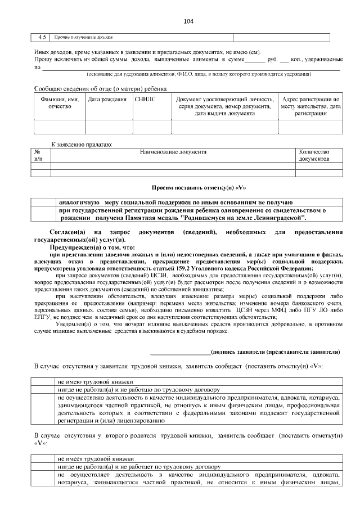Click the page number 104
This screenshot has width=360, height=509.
click(x=188, y=21)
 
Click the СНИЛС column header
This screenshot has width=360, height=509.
click(x=145, y=99)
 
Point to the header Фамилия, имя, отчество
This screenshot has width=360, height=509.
click(x=60, y=102)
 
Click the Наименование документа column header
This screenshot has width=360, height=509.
click(x=173, y=152)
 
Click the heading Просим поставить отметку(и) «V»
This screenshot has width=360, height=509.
click(x=200, y=187)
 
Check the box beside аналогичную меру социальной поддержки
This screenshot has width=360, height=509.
click(x=43, y=202)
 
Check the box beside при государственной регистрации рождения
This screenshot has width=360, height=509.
click(x=43, y=214)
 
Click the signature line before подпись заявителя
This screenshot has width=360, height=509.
click(x=180, y=353)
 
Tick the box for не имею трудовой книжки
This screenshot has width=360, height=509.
click(x=43, y=381)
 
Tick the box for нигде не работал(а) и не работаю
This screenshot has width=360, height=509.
click(x=43, y=389)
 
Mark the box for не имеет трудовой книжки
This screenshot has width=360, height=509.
click(x=43, y=458)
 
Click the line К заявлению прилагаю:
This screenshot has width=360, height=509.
click(x=82, y=145)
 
